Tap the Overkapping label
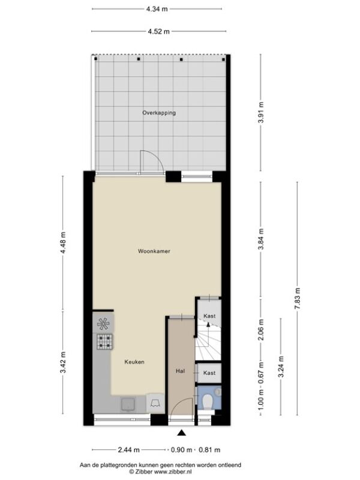[159, 113]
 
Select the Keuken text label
[134, 362]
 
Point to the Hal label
[181, 371]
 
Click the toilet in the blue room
[208, 401]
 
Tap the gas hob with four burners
[104, 341]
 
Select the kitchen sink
[128, 404]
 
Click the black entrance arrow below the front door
[182, 432]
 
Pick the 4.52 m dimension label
[158, 31]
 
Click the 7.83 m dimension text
[297, 298]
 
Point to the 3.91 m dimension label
[261, 112]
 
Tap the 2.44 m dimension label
[128, 449]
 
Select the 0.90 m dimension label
[181, 449]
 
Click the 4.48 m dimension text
[63, 243]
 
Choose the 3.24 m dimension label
[281, 367]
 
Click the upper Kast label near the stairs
[209, 316]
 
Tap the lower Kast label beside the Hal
[209, 373]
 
